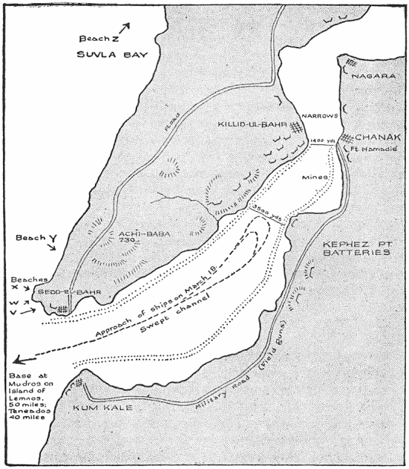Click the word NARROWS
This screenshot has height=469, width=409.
coord(321,117)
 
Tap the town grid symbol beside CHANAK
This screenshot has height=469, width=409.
coord(346,138)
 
